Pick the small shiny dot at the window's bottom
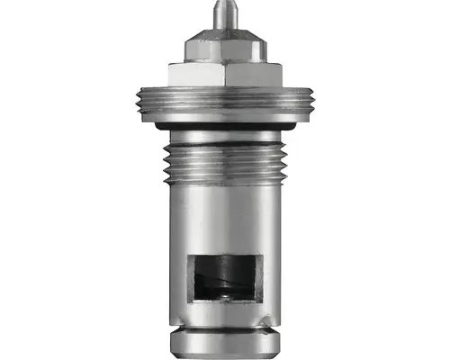(x=220, y=294)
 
